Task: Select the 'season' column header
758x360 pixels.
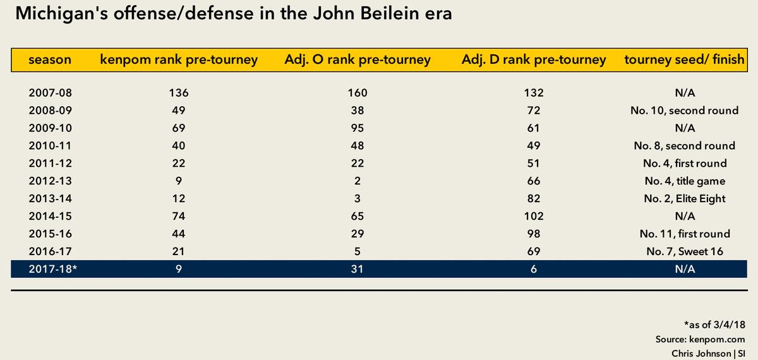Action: coord(50,61)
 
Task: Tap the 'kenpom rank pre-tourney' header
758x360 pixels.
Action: coord(179,61)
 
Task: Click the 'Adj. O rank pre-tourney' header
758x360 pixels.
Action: coord(358,61)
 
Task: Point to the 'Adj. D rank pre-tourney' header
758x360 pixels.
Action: coord(534,61)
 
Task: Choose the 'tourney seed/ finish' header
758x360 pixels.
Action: coord(683,61)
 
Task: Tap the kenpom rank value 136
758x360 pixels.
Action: coord(179,93)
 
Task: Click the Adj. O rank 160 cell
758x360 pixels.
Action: coord(358,93)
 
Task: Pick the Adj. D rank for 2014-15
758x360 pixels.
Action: coord(534,217)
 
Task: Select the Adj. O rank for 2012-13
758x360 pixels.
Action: coord(358,181)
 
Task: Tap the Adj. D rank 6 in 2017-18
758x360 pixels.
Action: coord(534,270)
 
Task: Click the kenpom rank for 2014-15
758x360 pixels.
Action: coord(179,217)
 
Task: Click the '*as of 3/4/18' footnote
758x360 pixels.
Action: coord(714,325)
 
